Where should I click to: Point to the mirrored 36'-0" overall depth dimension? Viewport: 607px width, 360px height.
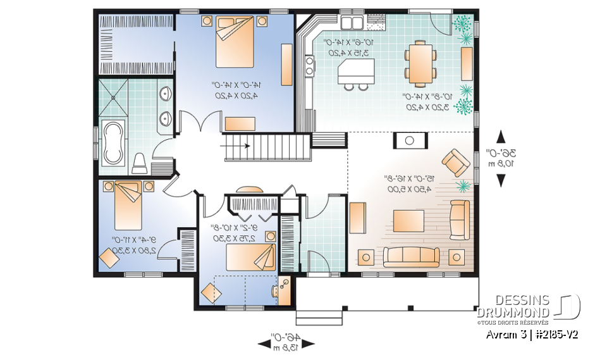pos(501,158)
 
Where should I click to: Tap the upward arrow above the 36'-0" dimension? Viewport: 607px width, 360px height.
pos(501,136)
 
